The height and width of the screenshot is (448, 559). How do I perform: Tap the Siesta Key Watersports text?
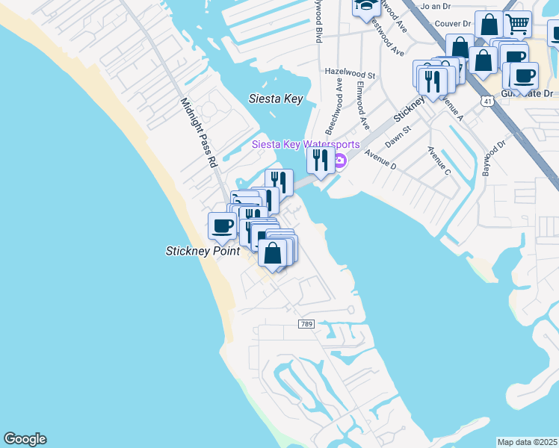[x=305, y=144]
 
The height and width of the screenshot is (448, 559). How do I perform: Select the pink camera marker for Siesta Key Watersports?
[x=339, y=161]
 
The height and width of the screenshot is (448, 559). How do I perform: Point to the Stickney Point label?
[x=203, y=252]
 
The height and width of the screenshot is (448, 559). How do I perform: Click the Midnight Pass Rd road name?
[x=198, y=131]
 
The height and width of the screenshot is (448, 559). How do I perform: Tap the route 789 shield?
[x=306, y=324]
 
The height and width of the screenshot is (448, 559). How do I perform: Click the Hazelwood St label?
[x=350, y=75]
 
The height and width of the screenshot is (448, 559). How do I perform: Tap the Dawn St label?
[x=398, y=135]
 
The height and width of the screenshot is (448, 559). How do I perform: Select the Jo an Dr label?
[x=437, y=6]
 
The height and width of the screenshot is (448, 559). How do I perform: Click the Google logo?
[x=25, y=439]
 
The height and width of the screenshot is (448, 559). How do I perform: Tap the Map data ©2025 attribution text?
[x=528, y=442]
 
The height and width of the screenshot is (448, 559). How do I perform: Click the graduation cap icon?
[x=365, y=6]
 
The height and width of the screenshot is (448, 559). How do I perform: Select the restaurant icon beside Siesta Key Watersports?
[x=321, y=159]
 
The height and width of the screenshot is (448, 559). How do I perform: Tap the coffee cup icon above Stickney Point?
[x=222, y=225]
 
